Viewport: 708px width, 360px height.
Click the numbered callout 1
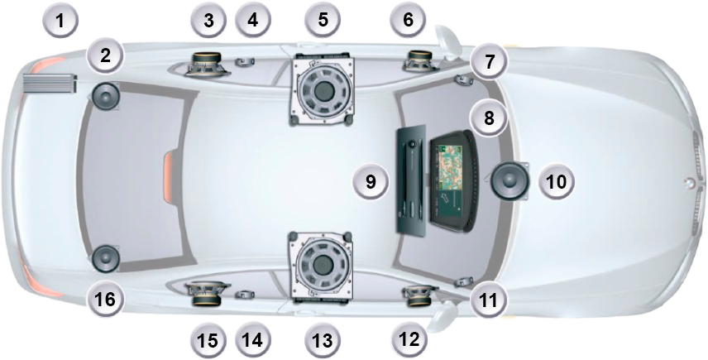click(61, 21)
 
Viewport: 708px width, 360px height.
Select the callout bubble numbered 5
click(323, 21)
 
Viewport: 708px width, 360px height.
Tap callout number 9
click(371, 181)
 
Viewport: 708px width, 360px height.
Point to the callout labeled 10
click(557, 181)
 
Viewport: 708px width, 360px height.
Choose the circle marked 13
click(323, 338)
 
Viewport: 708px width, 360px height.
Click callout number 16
click(105, 298)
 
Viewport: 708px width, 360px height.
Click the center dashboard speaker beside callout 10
click(510, 180)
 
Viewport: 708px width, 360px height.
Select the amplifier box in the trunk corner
click(50, 83)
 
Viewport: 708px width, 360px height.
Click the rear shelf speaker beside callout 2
click(105, 96)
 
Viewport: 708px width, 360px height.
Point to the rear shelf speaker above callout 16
click(105, 258)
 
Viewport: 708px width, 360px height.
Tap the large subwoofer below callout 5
click(322, 90)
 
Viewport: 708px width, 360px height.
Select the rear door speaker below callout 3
click(208, 65)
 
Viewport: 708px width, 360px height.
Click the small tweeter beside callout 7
click(463, 80)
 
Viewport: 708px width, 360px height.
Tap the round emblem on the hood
click(688, 183)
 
